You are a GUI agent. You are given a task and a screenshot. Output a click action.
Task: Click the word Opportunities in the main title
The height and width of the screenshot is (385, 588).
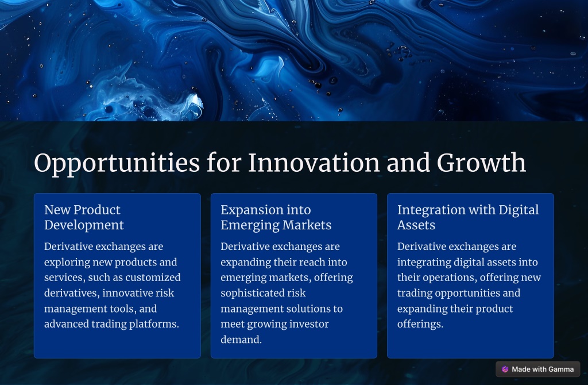[x=117, y=163]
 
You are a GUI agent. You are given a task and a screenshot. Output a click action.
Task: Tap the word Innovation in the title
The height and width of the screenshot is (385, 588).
[x=314, y=163]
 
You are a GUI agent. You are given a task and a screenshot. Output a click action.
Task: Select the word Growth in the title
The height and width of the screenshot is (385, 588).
[x=481, y=163]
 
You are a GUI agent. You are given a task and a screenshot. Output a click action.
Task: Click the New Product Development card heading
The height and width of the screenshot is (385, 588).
[x=84, y=217]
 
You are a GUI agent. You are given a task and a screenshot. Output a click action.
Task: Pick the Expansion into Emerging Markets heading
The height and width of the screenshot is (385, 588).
[x=276, y=217]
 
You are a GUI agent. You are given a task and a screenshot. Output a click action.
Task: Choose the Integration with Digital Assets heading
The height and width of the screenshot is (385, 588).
[x=468, y=217]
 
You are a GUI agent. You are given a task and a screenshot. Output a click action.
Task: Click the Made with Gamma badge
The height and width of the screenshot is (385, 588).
[x=537, y=369]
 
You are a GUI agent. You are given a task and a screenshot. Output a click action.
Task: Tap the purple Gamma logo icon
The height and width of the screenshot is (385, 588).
[x=505, y=369]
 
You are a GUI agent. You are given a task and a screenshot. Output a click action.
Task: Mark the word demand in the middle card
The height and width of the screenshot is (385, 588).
[x=241, y=340]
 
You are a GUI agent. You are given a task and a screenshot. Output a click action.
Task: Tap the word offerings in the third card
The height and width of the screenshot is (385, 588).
[x=420, y=325]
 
